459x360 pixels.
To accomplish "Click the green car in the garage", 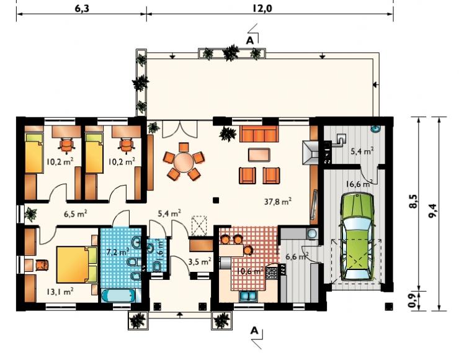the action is pyautogui.click(x=357, y=236).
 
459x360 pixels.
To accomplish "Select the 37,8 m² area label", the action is pyautogui.click(x=277, y=202).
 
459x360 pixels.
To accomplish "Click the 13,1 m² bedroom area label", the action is pyautogui.click(x=60, y=292).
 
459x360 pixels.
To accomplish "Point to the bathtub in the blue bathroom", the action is pyautogui.click(x=118, y=296).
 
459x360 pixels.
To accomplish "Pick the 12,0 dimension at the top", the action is pyautogui.click(x=262, y=9).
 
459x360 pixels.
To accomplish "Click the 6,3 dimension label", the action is pyautogui.click(x=82, y=9).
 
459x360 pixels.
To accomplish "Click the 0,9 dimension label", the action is pyautogui.click(x=412, y=301).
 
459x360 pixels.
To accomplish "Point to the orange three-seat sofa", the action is pyautogui.click(x=259, y=134).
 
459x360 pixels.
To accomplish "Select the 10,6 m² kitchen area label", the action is pyautogui.click(x=251, y=271).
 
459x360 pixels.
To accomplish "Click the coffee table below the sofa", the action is pyautogui.click(x=259, y=155).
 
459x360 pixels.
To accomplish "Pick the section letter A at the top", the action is pyautogui.click(x=250, y=41).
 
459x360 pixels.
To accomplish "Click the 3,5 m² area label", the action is pyautogui.click(x=199, y=261).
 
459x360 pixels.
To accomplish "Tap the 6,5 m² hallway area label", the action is pyautogui.click(x=76, y=214).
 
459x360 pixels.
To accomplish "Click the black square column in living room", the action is pyautogui.click(x=216, y=200).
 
